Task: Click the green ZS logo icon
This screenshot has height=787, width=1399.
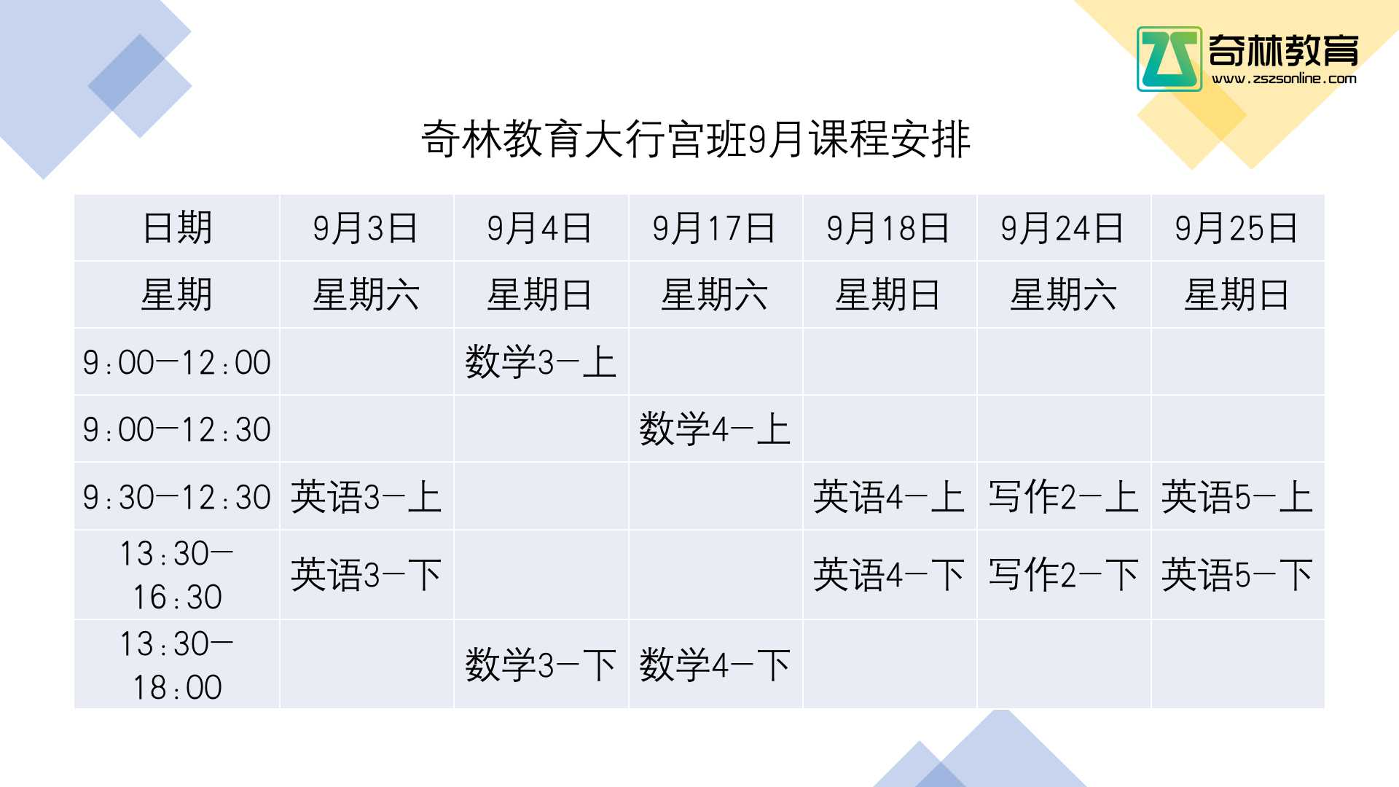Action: (1169, 59)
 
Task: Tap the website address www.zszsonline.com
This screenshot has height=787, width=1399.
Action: (1284, 79)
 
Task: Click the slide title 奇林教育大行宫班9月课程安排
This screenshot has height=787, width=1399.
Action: (696, 139)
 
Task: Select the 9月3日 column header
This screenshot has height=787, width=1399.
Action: (366, 228)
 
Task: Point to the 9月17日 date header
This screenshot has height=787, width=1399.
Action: (714, 228)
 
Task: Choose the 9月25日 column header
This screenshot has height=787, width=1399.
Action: (1237, 228)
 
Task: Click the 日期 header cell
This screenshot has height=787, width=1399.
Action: (177, 228)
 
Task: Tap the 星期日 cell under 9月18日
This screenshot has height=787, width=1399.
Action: (888, 295)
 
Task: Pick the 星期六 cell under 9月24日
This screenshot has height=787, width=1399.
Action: (1063, 295)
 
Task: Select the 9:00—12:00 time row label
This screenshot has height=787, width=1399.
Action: (177, 362)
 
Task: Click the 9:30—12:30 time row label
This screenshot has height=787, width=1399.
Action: (177, 497)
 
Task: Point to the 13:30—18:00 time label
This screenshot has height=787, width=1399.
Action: (177, 665)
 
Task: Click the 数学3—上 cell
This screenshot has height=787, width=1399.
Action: (541, 362)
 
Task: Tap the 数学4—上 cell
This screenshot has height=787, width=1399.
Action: (715, 429)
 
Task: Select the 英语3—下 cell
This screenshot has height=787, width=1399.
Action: (366, 575)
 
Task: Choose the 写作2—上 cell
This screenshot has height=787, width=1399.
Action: (1063, 497)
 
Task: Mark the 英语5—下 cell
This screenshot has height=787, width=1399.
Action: (1237, 575)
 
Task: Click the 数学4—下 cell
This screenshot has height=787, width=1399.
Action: (715, 665)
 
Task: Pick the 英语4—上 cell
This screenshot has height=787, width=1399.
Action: (888, 497)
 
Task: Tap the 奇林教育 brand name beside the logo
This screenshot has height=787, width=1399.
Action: (1284, 50)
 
